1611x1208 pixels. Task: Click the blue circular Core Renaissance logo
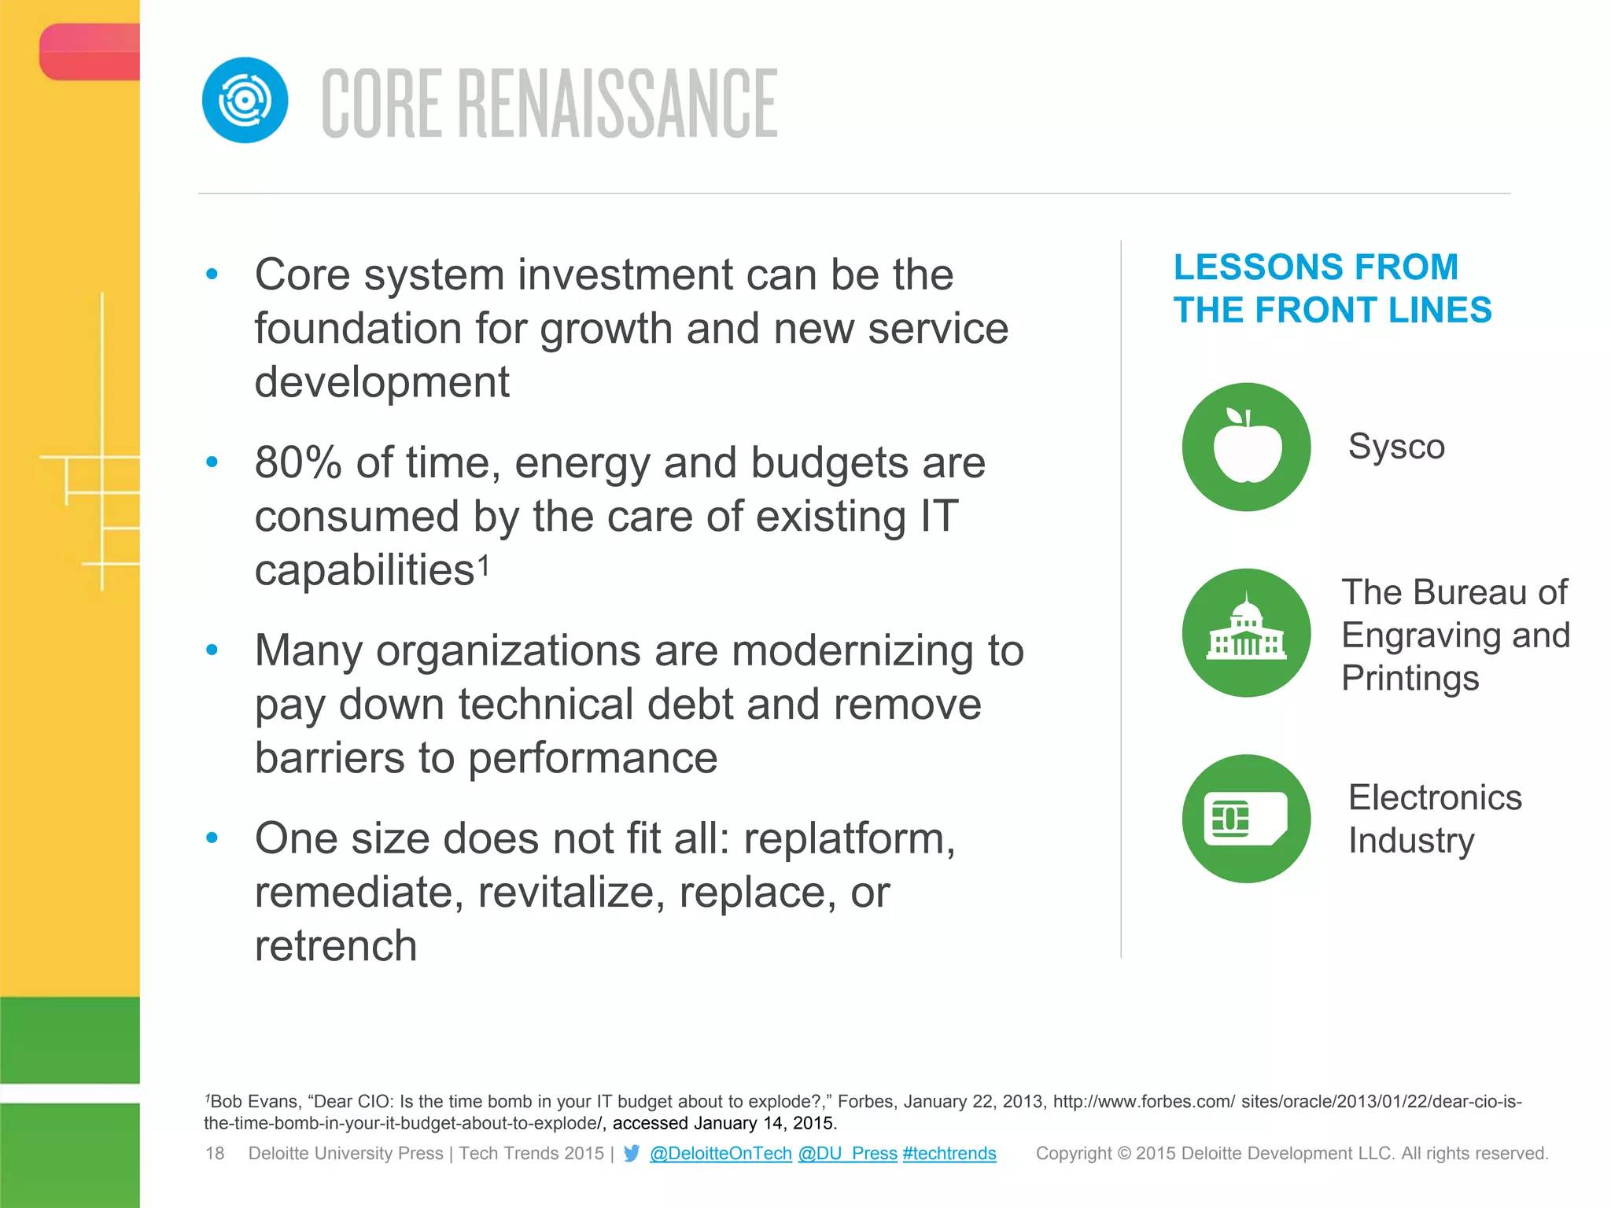tap(245, 101)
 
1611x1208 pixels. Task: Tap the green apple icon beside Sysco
tap(1246, 447)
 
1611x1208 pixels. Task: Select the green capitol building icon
tap(1246, 633)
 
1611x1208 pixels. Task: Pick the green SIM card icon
tap(1246, 819)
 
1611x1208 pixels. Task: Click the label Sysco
tap(1396, 447)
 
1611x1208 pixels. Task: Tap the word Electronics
tap(1435, 797)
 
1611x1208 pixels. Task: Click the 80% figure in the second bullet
tap(298, 462)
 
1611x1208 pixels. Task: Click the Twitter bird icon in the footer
tap(632, 1153)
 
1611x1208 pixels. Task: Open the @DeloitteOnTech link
tap(721, 1153)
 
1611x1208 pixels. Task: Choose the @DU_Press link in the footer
tap(847, 1153)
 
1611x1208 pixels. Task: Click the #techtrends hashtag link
tap(949, 1153)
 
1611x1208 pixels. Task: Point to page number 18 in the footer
tap(215, 1153)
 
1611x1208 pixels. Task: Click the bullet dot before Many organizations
tap(212, 650)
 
